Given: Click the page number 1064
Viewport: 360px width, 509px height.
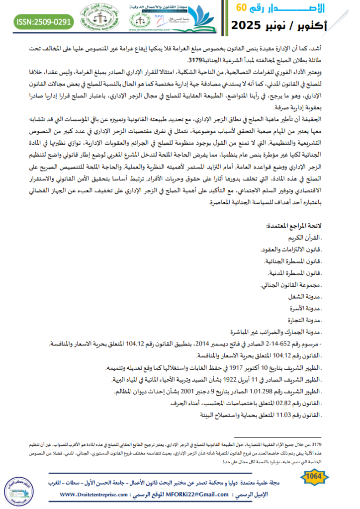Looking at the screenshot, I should tap(313, 477).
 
